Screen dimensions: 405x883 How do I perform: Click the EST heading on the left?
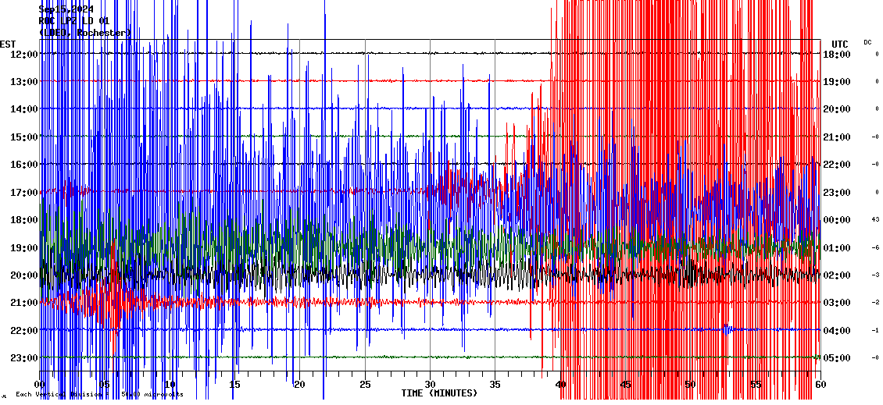click(8, 44)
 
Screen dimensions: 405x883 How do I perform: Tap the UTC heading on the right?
click(840, 44)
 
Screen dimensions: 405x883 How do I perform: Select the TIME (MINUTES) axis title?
click(439, 393)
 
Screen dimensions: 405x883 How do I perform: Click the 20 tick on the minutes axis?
click(299, 385)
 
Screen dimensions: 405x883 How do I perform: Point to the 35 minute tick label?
click(495, 385)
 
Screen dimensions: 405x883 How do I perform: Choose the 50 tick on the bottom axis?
click(690, 385)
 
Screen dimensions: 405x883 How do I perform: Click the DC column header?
click(867, 42)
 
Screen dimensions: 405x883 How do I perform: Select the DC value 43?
click(876, 219)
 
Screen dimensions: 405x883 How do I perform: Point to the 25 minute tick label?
click(364, 385)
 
